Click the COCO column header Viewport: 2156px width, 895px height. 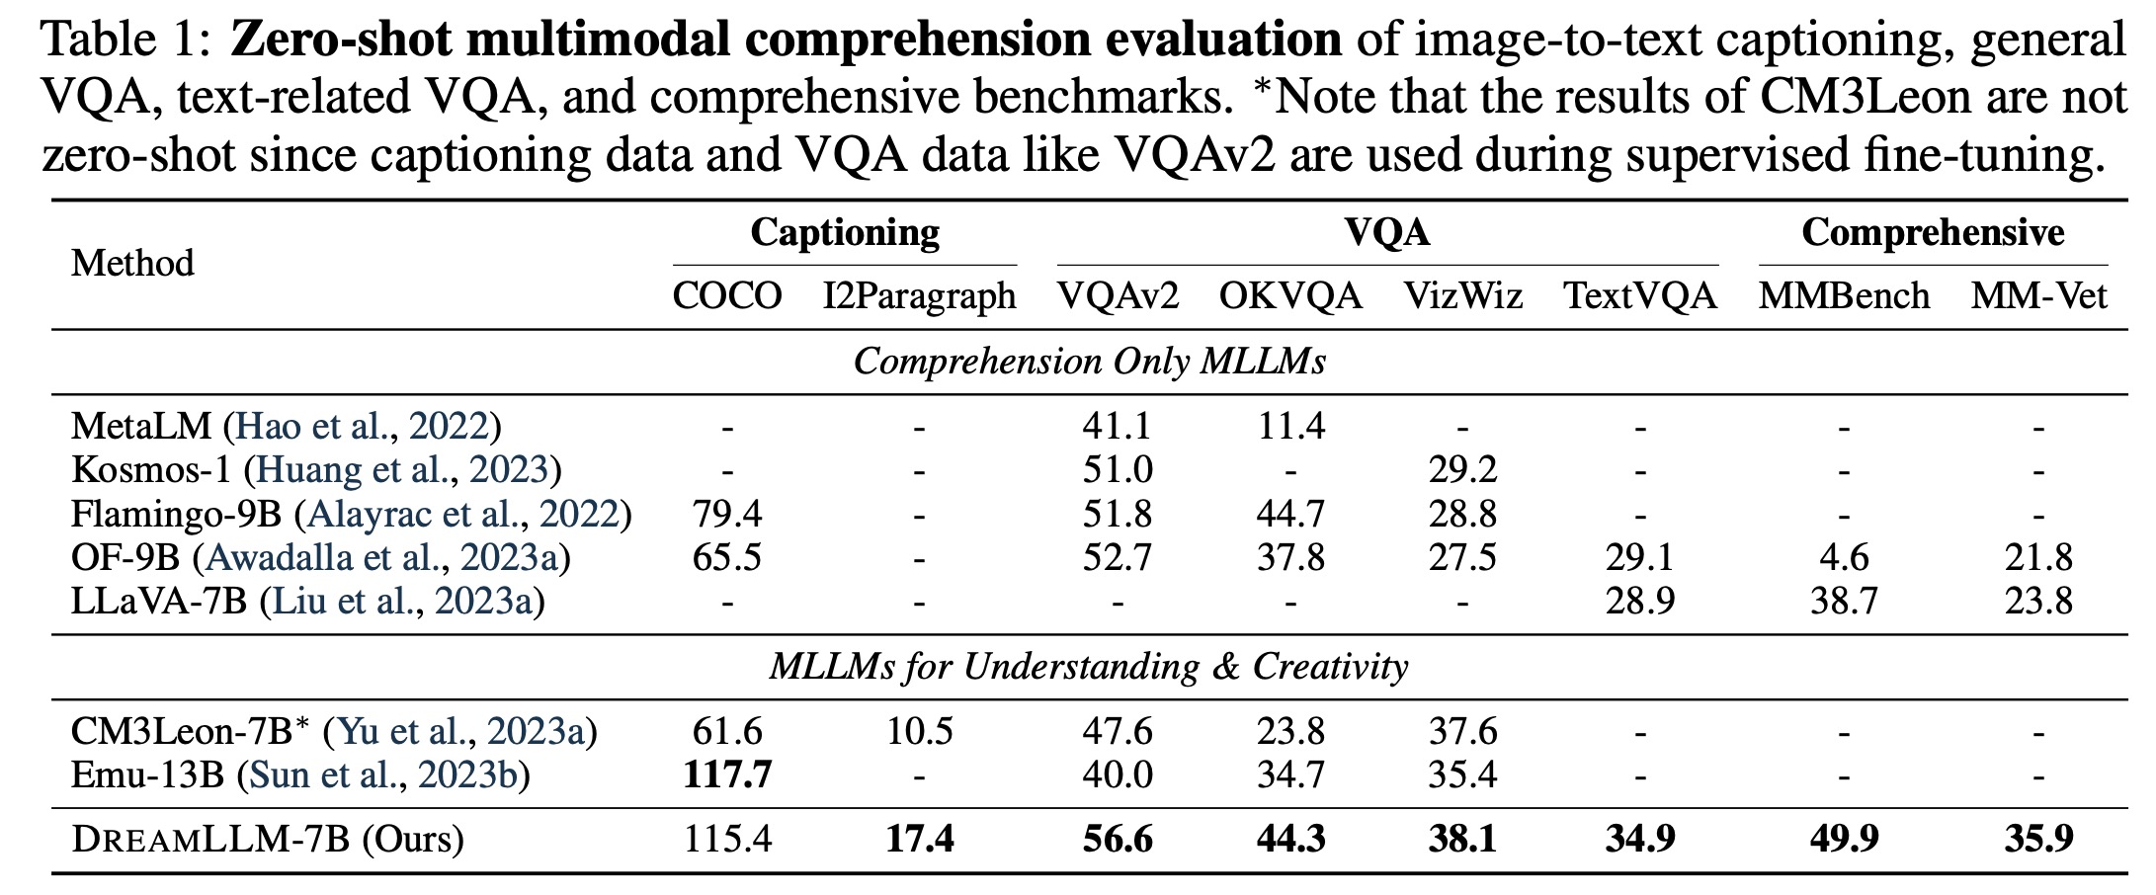click(727, 296)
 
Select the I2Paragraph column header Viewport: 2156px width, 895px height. click(919, 296)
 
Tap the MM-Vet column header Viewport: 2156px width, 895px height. click(2038, 296)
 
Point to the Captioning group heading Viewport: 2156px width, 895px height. click(845, 233)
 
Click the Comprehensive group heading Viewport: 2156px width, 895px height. click(1932, 233)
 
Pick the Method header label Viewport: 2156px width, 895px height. click(132, 264)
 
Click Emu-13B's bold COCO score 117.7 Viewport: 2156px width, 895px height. click(727, 775)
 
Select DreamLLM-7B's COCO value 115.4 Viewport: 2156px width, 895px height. click(727, 840)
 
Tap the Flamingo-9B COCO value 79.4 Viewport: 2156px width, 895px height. click(727, 515)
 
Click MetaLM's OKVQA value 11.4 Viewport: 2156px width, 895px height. click(1290, 427)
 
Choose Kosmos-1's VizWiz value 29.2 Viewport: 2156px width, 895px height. click(1462, 470)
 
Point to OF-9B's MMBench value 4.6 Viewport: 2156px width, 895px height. click(1844, 558)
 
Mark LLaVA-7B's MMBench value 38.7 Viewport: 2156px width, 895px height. click(1844, 602)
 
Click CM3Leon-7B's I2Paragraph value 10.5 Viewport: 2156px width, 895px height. click(919, 732)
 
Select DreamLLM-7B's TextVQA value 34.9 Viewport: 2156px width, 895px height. click(1640, 840)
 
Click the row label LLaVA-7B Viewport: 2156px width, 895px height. click(158, 602)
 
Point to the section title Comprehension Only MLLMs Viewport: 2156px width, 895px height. click(1089, 362)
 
